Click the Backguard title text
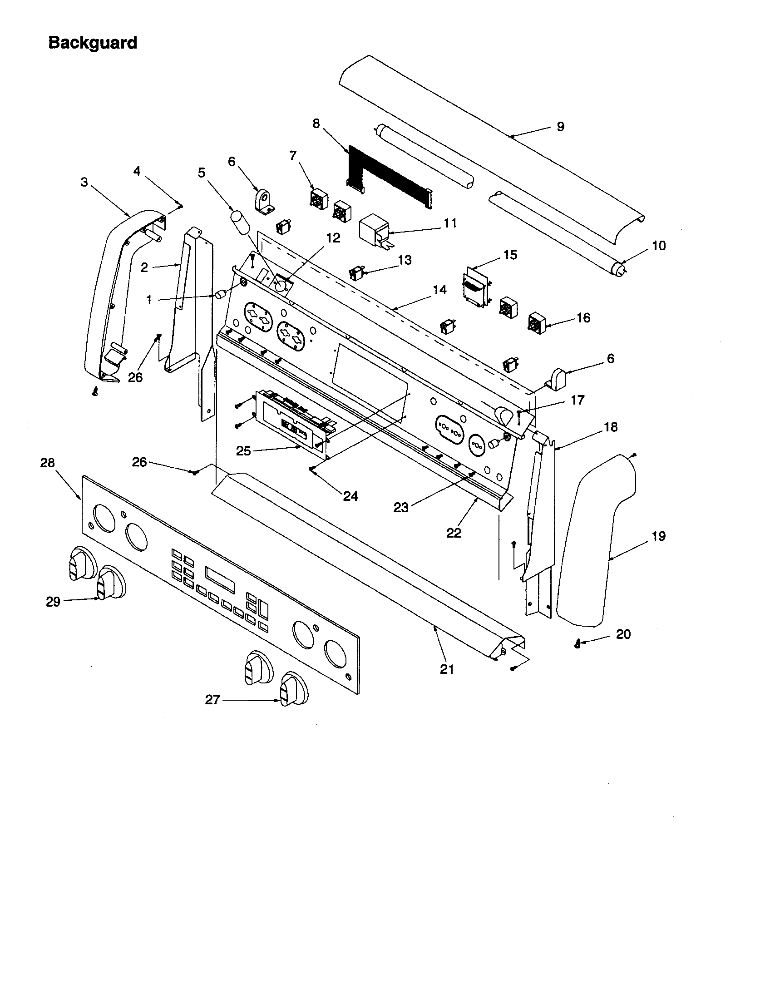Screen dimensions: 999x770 pos(92,43)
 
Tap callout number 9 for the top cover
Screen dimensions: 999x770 pos(561,127)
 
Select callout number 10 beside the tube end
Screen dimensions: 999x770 pos(658,246)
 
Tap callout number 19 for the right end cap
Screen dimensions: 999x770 pos(658,536)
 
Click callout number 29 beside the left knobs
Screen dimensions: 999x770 pos(53,602)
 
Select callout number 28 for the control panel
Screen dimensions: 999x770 pos(47,463)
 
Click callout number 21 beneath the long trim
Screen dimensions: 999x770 pos(447,669)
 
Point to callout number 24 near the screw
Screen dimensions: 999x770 pos(350,496)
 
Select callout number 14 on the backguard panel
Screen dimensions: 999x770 pos(439,290)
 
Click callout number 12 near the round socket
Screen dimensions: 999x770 pos(333,238)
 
